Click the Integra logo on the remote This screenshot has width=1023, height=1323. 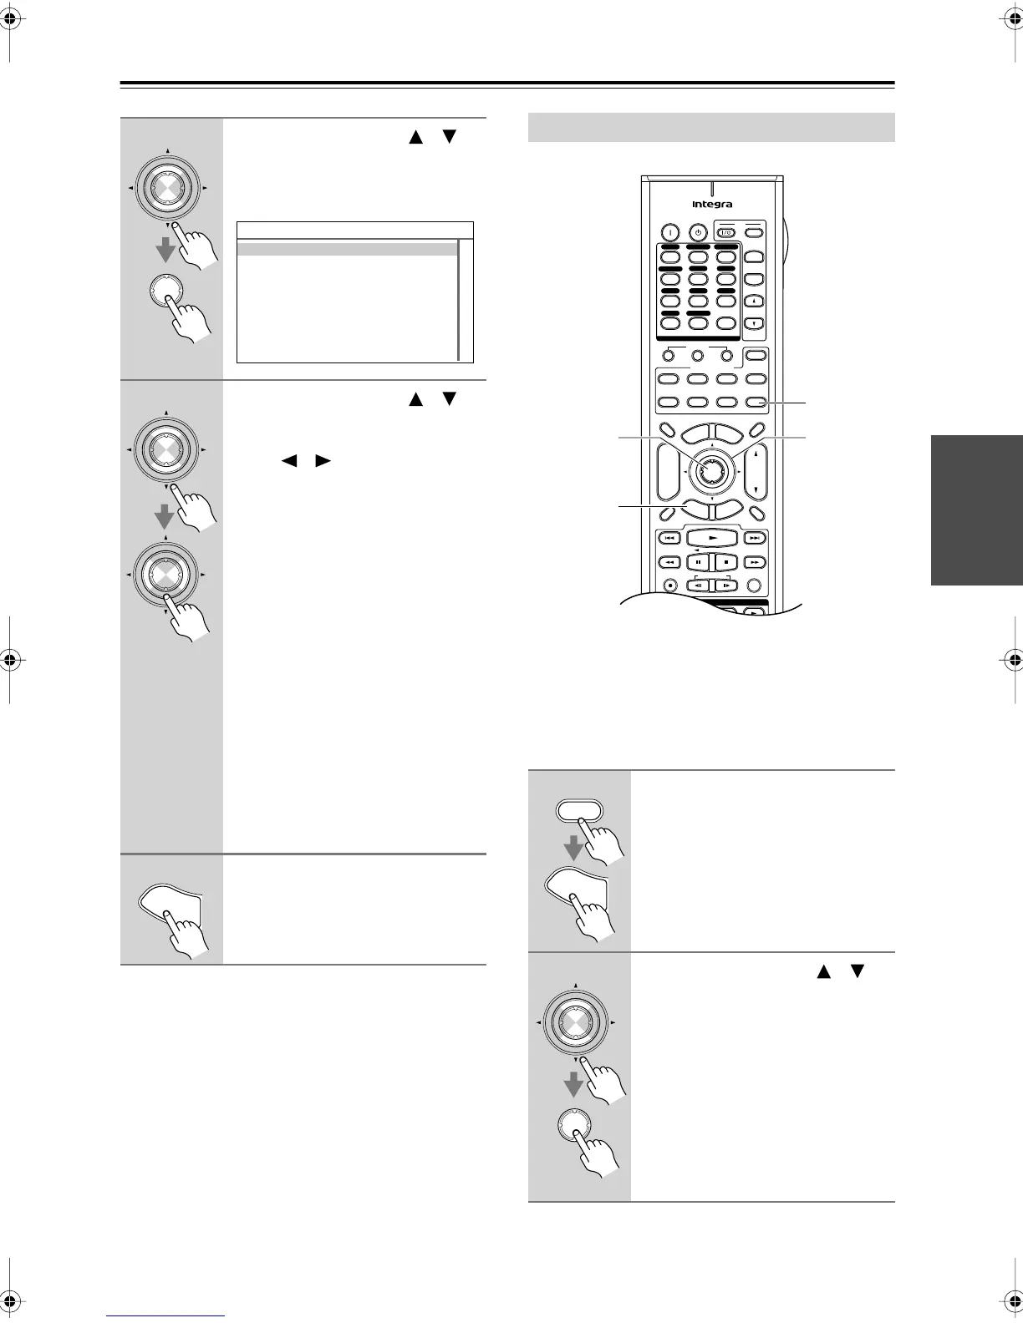(712, 204)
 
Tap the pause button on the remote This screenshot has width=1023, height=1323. (698, 562)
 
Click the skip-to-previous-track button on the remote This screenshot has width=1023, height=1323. (669, 539)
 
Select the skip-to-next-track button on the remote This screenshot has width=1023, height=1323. (755, 539)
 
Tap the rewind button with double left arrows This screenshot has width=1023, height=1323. (669, 562)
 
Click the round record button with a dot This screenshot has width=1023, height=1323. (670, 585)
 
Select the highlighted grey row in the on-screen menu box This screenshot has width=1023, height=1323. (347, 249)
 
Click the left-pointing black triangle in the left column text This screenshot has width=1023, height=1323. (289, 460)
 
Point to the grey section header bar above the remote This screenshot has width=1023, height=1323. (712, 128)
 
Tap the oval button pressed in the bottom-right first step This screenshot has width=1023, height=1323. (578, 812)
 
